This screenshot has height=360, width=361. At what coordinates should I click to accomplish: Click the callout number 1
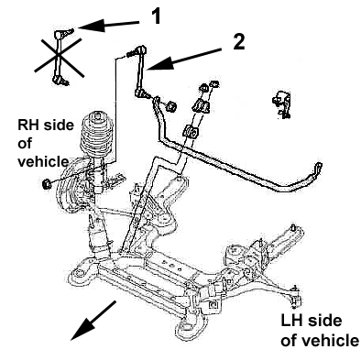click(156, 16)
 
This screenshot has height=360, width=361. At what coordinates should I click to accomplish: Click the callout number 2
click(239, 41)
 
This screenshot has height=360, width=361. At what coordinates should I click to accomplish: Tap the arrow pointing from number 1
click(109, 25)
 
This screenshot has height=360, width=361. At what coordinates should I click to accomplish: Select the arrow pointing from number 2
click(184, 59)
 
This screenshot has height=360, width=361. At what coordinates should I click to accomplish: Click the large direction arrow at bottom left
click(93, 320)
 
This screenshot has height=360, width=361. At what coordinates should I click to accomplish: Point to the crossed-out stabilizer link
click(60, 57)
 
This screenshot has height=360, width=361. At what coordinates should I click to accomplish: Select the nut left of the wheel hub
click(47, 184)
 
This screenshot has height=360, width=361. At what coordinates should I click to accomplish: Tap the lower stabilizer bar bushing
click(191, 131)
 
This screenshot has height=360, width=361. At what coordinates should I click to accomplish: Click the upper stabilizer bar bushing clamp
click(201, 105)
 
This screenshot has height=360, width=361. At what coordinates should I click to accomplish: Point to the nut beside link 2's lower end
click(172, 106)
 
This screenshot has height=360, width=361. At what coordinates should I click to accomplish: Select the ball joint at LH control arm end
click(295, 297)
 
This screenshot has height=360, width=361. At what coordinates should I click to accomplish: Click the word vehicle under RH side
click(43, 162)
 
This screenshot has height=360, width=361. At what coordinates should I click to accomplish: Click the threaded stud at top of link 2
click(130, 54)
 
